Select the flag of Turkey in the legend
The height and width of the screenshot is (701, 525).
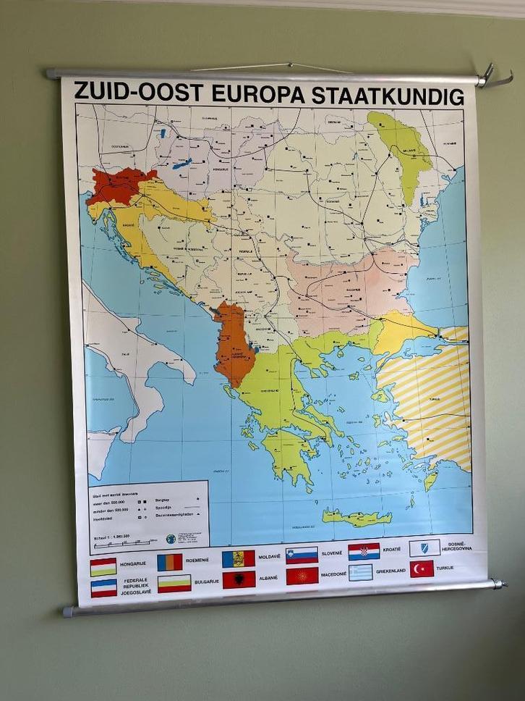pos(422,569)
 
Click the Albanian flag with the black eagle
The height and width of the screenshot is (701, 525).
pos(239,579)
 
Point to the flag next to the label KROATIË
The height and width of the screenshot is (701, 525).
pos(364,552)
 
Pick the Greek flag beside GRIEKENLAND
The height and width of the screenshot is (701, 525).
pos(359,573)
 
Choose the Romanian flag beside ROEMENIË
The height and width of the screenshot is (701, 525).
pos(170,562)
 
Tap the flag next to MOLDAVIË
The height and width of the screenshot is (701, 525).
pos(238,558)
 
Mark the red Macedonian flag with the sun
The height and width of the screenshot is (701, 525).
pos(302,576)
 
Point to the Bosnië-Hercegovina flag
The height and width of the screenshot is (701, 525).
pos(424,548)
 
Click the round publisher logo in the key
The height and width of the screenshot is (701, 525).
pos(170,539)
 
